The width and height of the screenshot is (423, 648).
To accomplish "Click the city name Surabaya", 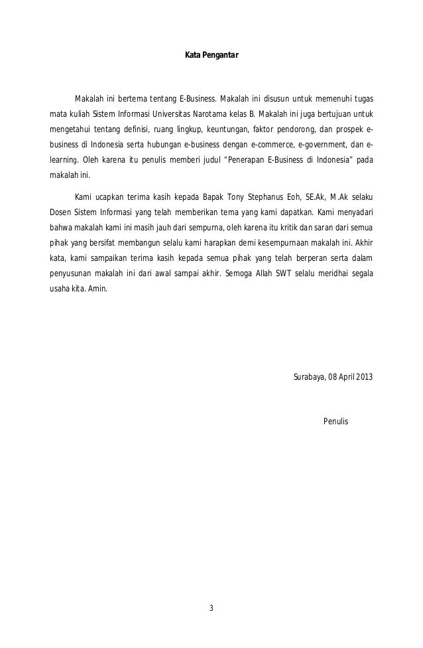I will pyautogui.click(x=308, y=378).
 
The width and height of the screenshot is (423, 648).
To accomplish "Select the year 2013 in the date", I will pyautogui.click(x=363, y=378).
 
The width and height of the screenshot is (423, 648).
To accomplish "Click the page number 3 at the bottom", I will pyautogui.click(x=211, y=609).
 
